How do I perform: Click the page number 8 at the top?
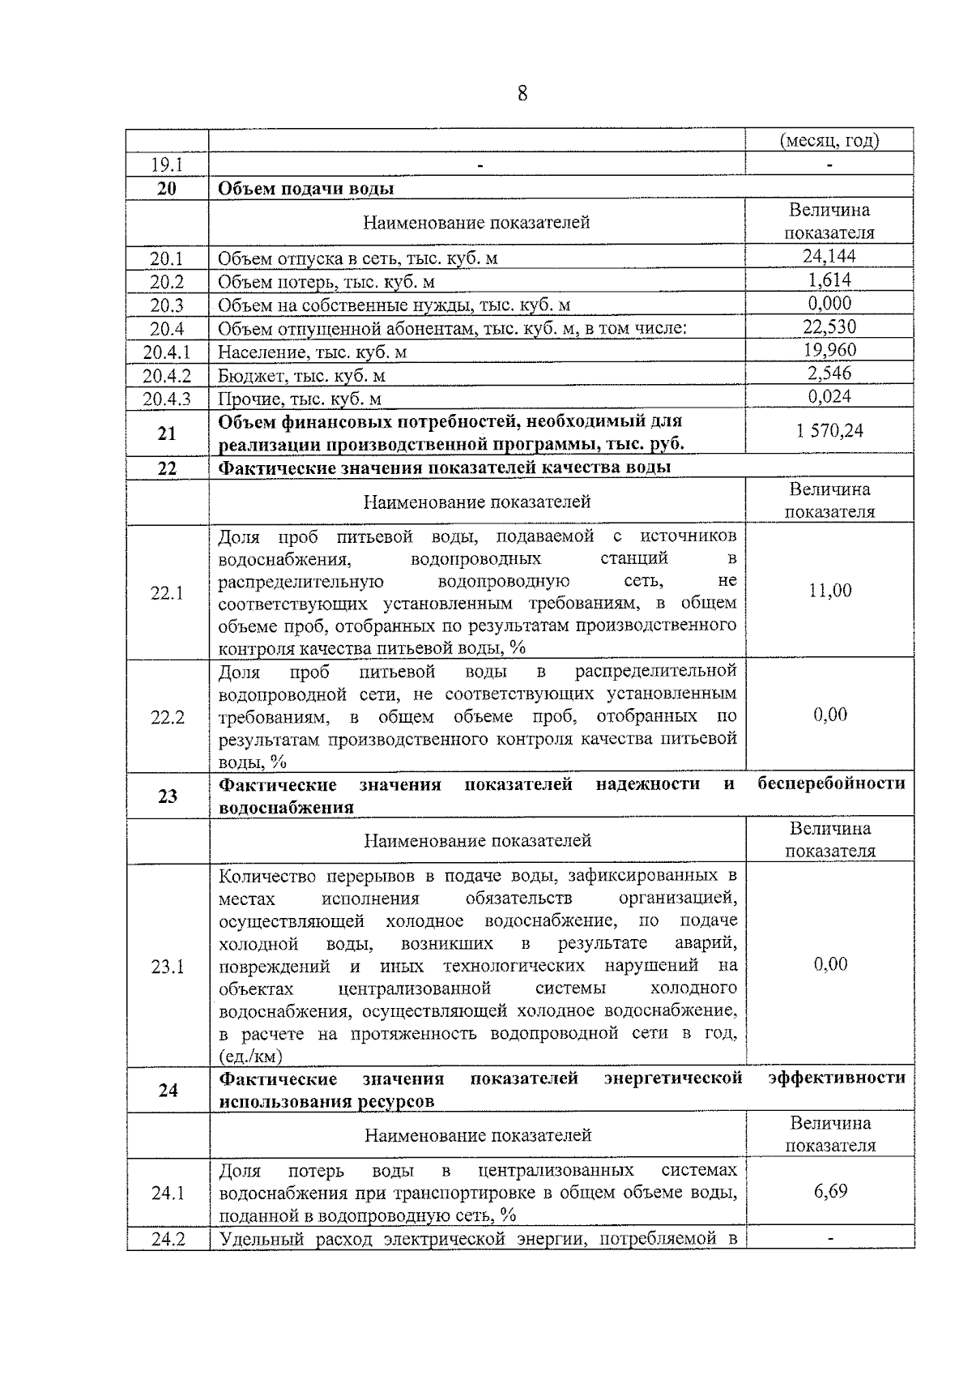pyautogui.click(x=522, y=94)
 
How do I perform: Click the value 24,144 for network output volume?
pyautogui.click(x=829, y=257)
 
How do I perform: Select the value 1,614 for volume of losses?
pyautogui.click(x=829, y=280)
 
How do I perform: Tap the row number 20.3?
pyautogui.click(x=167, y=305)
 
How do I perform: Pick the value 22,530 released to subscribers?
pyautogui.click(x=829, y=327)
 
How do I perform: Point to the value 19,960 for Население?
pyautogui.click(x=829, y=350)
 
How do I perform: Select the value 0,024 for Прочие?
pyautogui.click(x=829, y=396)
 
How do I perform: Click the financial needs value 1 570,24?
pyautogui.click(x=829, y=431)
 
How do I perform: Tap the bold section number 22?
pyautogui.click(x=167, y=468)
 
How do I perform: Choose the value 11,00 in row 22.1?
pyautogui.click(x=830, y=591)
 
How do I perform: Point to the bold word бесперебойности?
pyautogui.click(x=831, y=784)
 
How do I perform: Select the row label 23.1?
pyautogui.click(x=167, y=967)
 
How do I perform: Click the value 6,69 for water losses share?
pyautogui.click(x=830, y=1191)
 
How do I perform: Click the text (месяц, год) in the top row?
pyautogui.click(x=829, y=140)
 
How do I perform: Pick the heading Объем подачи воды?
pyautogui.click(x=307, y=189)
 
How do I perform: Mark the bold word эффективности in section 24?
pyautogui.click(x=836, y=1078)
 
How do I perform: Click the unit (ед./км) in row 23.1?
pyautogui.click(x=250, y=1057)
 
